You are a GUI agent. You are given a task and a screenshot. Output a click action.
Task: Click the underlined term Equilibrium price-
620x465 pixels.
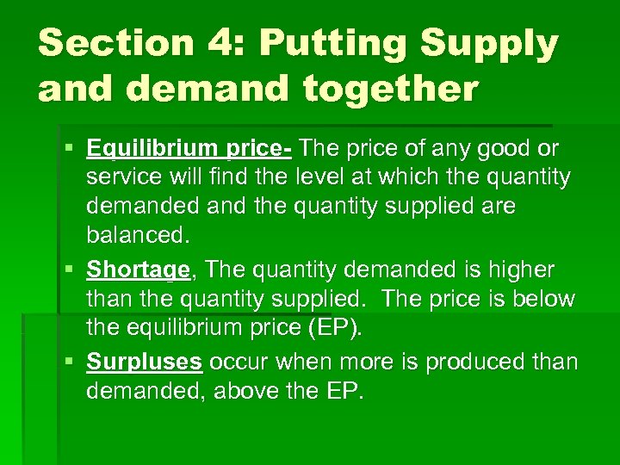(x=189, y=149)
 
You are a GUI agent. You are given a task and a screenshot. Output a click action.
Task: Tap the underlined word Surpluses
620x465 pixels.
(x=144, y=361)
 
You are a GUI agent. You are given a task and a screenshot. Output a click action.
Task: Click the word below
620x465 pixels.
(x=545, y=299)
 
